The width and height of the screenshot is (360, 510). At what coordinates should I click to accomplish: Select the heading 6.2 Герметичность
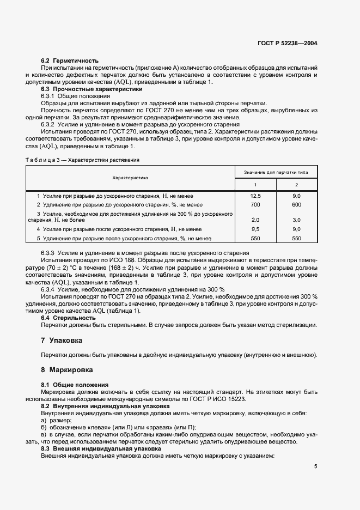tap(70, 60)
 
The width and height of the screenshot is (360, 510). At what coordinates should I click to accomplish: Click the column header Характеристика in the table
tap(130, 178)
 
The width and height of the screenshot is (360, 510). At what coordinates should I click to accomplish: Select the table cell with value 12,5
tap(255, 196)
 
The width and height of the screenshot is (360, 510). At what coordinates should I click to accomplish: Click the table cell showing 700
tap(255, 204)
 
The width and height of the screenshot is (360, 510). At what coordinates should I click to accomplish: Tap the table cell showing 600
tap(296, 204)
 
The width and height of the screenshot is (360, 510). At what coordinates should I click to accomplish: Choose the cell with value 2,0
tap(255, 220)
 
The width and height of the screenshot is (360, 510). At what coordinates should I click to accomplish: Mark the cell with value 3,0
tap(296, 220)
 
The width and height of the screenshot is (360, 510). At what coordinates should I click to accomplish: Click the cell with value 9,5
tap(255, 229)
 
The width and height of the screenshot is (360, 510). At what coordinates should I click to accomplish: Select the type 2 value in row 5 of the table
tap(296, 239)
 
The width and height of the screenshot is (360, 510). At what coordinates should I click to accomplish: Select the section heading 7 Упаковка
tap(62, 340)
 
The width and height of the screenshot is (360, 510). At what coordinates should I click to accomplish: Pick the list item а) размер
tap(57, 420)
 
